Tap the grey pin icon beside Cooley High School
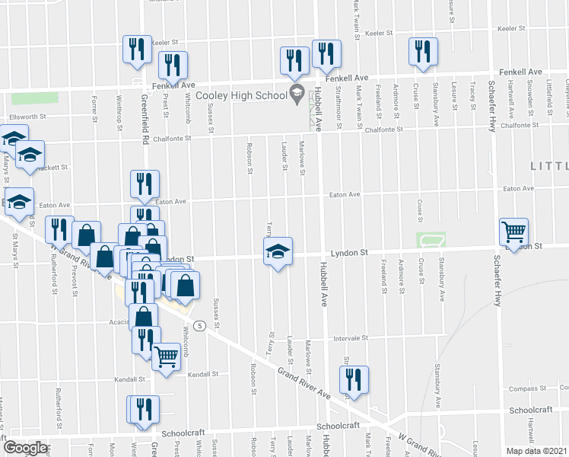point(296,94)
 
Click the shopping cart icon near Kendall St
point(166,355)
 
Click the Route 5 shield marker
point(199,326)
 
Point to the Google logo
point(25,447)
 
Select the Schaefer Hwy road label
point(492,107)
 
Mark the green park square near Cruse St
point(431,241)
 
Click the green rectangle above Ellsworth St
point(35,98)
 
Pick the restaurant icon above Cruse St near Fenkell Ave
point(421,51)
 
